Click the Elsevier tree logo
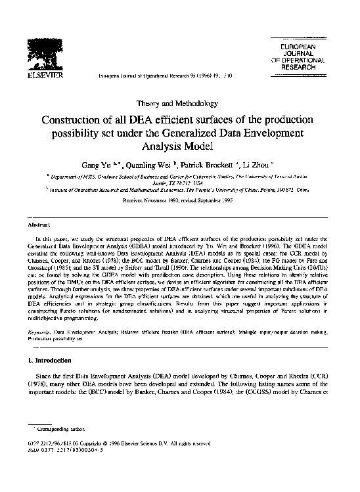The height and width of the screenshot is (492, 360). [43, 53]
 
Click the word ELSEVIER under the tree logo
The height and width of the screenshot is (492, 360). [43, 76]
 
